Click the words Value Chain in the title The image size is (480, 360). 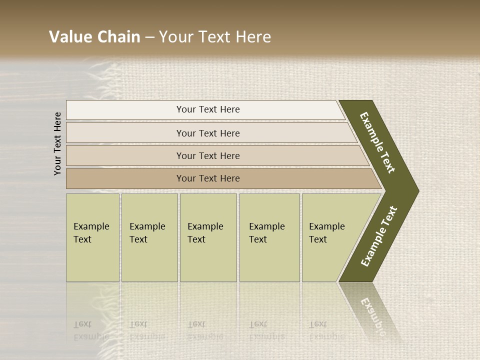click(94, 37)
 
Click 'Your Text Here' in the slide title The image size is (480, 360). click(215, 37)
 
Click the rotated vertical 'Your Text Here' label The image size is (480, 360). click(57, 144)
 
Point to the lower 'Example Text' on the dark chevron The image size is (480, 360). click(379, 236)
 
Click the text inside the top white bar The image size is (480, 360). click(208, 109)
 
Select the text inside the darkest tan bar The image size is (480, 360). click(208, 178)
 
